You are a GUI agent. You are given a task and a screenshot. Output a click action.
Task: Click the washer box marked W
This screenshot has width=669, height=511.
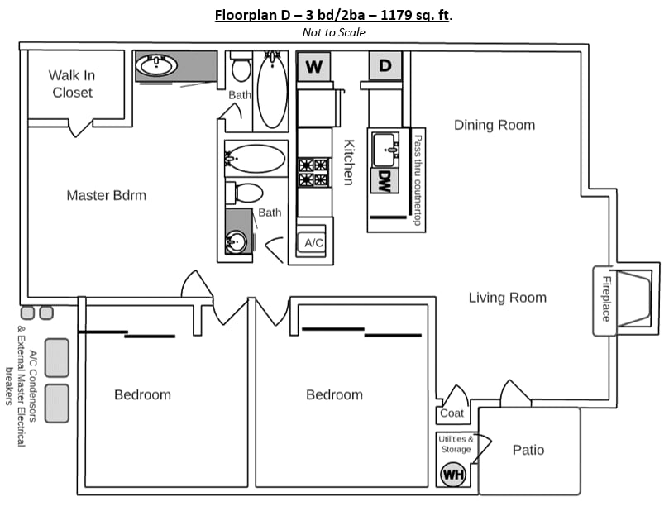coord(314,66)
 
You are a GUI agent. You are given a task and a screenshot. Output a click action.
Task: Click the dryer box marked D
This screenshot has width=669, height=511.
coord(385,65)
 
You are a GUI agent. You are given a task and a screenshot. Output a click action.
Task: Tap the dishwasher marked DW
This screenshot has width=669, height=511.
coord(385,180)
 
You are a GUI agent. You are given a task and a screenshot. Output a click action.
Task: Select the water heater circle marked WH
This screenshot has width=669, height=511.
coord(453,475)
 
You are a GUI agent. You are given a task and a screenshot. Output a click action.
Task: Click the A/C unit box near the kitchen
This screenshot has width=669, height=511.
coord(312,242)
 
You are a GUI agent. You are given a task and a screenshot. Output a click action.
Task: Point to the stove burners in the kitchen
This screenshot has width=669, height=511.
coord(314,172)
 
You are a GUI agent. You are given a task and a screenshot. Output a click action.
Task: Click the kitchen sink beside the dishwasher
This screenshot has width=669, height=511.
coord(385,150)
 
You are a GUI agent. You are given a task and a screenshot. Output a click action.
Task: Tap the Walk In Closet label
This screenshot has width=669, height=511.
coord(72,84)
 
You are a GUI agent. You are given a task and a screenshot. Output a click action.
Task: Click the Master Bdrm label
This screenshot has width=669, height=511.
coord(106,195)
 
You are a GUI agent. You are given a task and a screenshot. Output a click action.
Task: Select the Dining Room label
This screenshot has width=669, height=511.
coord(495,125)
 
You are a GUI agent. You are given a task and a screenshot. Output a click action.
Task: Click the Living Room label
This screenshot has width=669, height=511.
coord(507,298)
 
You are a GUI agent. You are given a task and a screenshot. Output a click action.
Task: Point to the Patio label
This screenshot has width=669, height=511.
coord(528,450)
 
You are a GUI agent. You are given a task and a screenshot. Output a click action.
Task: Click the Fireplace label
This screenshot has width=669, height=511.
coord(606,298)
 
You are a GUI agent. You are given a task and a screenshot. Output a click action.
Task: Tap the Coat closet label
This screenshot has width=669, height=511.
coord(452,413)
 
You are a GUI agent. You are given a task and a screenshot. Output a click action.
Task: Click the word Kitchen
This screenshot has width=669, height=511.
coord(349,162)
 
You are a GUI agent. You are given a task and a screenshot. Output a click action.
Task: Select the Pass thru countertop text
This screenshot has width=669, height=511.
coord(418,180)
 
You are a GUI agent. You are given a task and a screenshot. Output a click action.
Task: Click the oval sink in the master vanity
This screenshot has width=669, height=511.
coord(156,65)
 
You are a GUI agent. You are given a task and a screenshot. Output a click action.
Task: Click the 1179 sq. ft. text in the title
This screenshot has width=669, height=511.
coord(414,15)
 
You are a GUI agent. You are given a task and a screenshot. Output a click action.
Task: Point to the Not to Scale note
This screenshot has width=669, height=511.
coord(333,32)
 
